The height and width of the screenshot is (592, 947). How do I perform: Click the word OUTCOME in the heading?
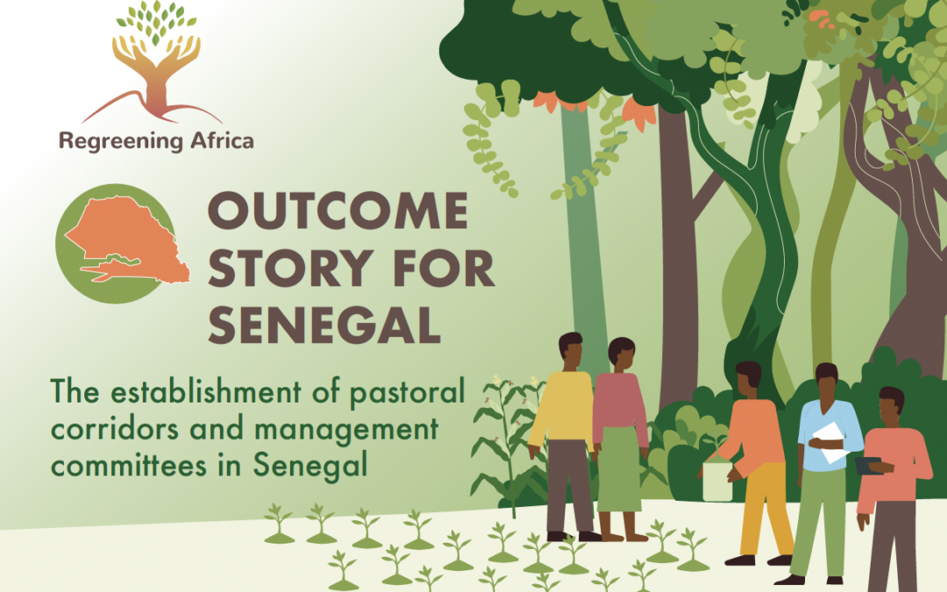tap(338, 210)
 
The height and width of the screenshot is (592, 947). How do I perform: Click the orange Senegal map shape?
tap(128, 239)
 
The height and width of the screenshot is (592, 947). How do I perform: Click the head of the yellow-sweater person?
tap(570, 349)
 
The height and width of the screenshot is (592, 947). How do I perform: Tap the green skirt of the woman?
tap(620, 468)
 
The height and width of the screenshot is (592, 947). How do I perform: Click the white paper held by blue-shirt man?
tap(830, 442)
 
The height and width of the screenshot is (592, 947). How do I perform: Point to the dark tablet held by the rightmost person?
tap(868, 466)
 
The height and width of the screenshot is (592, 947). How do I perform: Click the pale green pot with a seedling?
tap(717, 481)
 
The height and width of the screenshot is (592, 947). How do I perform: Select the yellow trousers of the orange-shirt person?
tap(765, 509)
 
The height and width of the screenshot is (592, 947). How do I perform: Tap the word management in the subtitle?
tap(346, 431)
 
